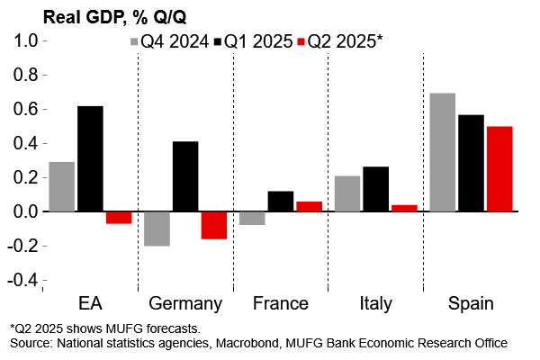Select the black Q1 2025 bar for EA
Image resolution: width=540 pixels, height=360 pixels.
point(90,158)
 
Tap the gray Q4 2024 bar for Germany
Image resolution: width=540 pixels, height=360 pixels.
point(157,229)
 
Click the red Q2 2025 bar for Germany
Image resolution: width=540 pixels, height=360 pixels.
point(214,225)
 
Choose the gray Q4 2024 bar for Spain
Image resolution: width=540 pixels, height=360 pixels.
point(442,152)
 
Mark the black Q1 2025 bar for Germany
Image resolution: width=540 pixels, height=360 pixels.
point(185,176)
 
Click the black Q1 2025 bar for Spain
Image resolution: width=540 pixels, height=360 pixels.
point(471,163)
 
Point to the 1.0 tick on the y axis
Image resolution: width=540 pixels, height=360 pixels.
point(25,40)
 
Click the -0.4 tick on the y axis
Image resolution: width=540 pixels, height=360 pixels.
point(22,281)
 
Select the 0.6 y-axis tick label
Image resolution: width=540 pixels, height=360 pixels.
point(25,109)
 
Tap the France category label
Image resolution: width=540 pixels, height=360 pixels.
point(281,303)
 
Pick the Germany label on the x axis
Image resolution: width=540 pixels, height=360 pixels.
point(185,303)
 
